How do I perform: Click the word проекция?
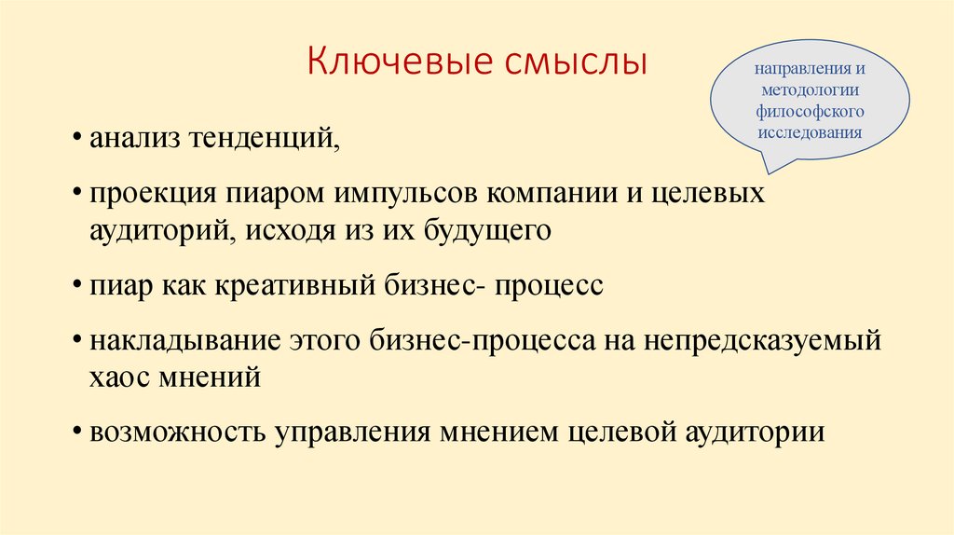[153, 197]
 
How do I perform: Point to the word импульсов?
[411, 197]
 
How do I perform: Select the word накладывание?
[184, 340]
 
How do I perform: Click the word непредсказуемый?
[762, 340]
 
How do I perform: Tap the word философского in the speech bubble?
[810, 112]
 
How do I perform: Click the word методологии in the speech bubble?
[810, 91]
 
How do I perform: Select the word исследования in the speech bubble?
[810, 131]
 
